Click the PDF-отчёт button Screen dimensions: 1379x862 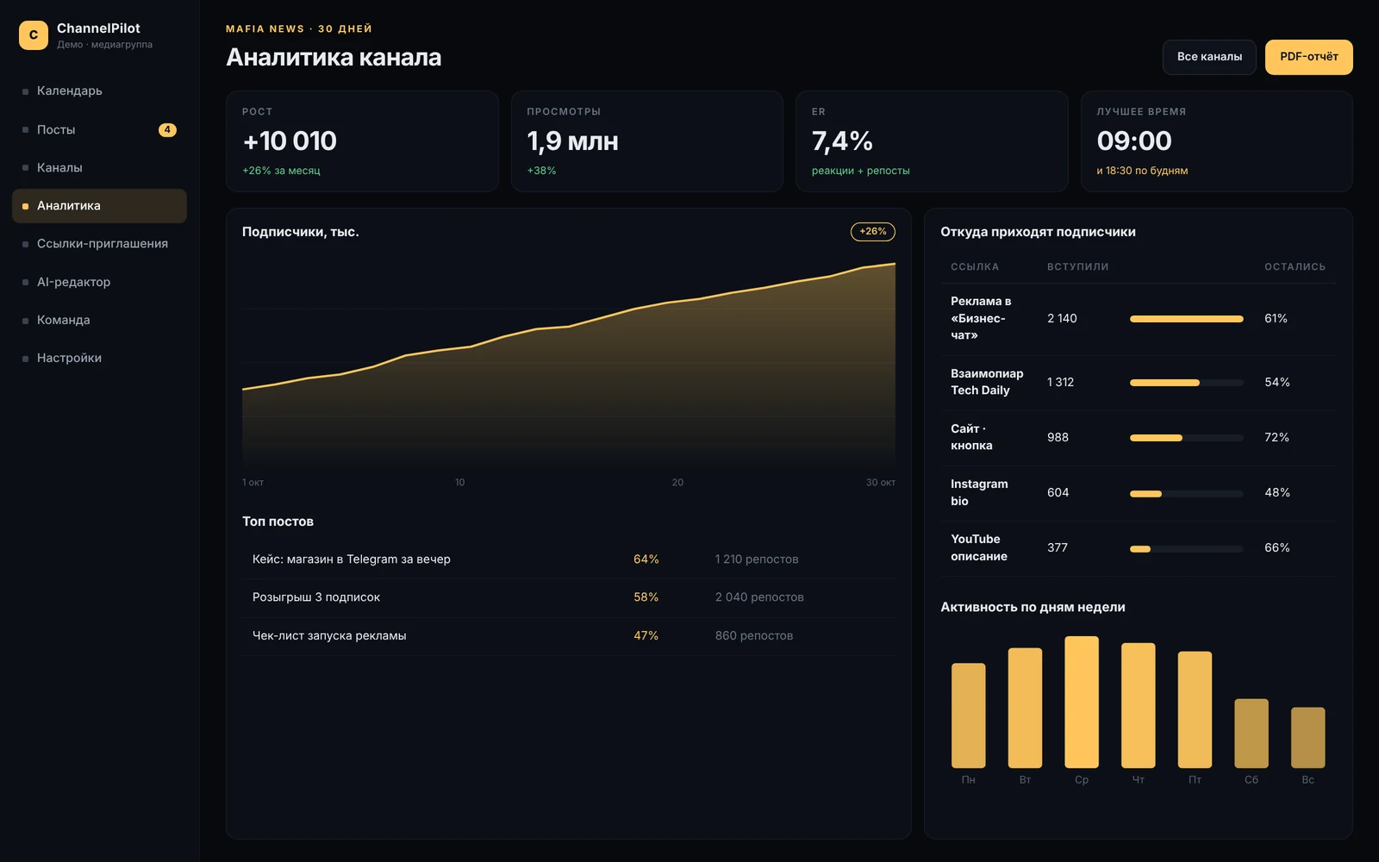(x=1309, y=57)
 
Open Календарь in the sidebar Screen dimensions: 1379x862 (x=70, y=91)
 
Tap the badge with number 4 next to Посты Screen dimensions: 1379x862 (x=167, y=129)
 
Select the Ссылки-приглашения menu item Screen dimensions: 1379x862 (x=103, y=243)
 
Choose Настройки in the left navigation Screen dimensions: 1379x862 (x=69, y=358)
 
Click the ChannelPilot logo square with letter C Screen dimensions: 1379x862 (x=34, y=35)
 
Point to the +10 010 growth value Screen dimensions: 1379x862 (x=290, y=141)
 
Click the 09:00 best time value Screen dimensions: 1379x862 (x=1134, y=141)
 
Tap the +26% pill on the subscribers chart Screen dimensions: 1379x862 (x=873, y=232)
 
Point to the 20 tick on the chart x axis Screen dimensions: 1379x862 (x=677, y=482)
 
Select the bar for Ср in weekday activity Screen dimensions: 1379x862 (x=1082, y=702)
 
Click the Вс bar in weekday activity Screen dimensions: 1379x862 (x=1308, y=738)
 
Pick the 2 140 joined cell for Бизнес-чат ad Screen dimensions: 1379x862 (x=1062, y=318)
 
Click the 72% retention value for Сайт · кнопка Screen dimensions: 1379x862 (x=1276, y=437)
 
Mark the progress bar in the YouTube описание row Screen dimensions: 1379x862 (x=1186, y=548)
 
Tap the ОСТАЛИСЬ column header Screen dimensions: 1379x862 (x=1295, y=266)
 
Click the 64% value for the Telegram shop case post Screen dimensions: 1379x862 (x=646, y=559)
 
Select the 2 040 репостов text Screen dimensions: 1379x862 (x=759, y=597)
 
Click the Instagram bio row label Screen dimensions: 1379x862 (x=979, y=492)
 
